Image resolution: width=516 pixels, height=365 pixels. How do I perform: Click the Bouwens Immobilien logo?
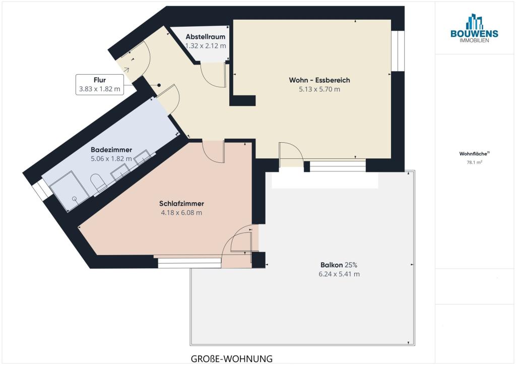click(474, 28)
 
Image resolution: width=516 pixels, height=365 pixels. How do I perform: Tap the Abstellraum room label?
click(206, 36)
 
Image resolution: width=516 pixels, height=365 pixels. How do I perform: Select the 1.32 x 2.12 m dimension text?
click(206, 46)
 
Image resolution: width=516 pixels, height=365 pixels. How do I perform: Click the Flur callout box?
click(100, 85)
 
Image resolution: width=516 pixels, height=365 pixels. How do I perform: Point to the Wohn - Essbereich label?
click(319, 80)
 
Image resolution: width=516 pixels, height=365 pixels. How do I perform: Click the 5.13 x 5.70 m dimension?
click(319, 89)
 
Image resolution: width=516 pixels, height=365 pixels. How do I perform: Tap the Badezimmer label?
click(111, 150)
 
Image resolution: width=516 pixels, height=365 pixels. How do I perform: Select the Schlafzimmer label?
click(181, 203)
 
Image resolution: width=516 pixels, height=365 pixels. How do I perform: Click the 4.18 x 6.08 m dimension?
click(181, 213)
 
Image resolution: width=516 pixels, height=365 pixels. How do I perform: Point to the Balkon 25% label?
click(339, 265)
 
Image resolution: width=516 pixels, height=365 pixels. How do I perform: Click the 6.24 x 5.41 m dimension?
click(339, 274)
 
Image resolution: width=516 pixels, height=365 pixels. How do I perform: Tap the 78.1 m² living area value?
click(474, 162)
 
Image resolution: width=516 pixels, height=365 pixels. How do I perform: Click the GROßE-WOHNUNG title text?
click(232, 358)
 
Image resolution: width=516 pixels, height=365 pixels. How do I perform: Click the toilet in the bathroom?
click(99, 183)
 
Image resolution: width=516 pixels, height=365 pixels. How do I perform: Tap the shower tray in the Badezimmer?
click(70, 191)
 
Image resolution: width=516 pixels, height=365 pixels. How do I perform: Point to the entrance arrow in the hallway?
click(126, 70)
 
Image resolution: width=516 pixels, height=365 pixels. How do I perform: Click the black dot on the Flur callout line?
click(159, 85)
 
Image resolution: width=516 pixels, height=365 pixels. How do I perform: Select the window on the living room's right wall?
click(398, 51)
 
